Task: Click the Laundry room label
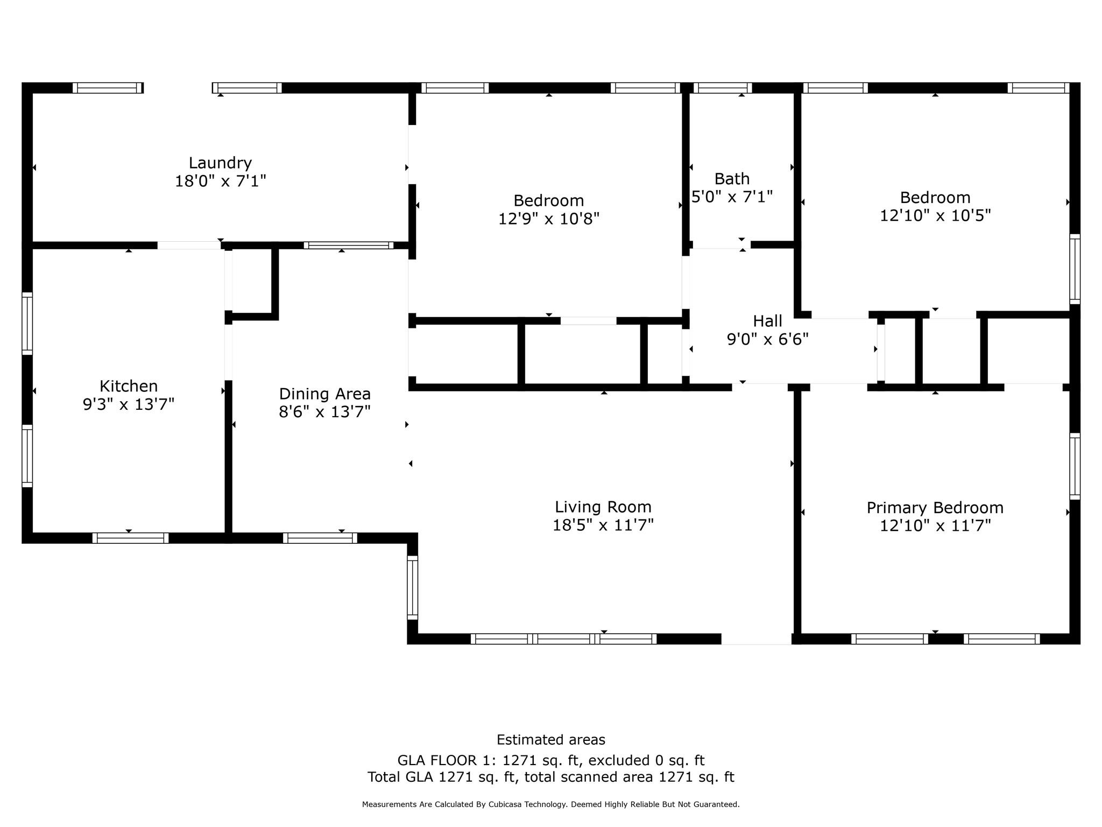pyautogui.click(x=220, y=163)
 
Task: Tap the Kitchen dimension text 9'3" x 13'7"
pyautogui.click(x=129, y=404)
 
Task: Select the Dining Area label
pyautogui.click(x=324, y=394)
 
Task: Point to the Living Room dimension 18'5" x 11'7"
pyautogui.click(x=603, y=525)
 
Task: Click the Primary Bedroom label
pyautogui.click(x=935, y=508)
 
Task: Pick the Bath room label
pyautogui.click(x=732, y=178)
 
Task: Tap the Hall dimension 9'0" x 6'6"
pyautogui.click(x=767, y=339)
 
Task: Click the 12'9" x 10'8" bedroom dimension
pyautogui.click(x=548, y=219)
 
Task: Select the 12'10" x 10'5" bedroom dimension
pyautogui.click(x=935, y=215)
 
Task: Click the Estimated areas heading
pyautogui.click(x=550, y=740)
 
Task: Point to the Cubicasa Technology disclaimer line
pyautogui.click(x=550, y=804)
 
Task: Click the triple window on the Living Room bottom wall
pyautogui.click(x=563, y=639)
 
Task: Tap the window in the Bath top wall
pyautogui.click(x=722, y=88)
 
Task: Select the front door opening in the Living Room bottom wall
pyautogui.click(x=756, y=639)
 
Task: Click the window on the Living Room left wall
pyautogui.click(x=412, y=587)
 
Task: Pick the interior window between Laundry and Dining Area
pyautogui.click(x=348, y=246)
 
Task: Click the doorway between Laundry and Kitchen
pyautogui.click(x=189, y=246)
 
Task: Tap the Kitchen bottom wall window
pyautogui.click(x=130, y=538)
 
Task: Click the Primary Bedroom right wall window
pyautogui.click(x=1074, y=466)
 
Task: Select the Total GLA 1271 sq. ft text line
pyautogui.click(x=550, y=777)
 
